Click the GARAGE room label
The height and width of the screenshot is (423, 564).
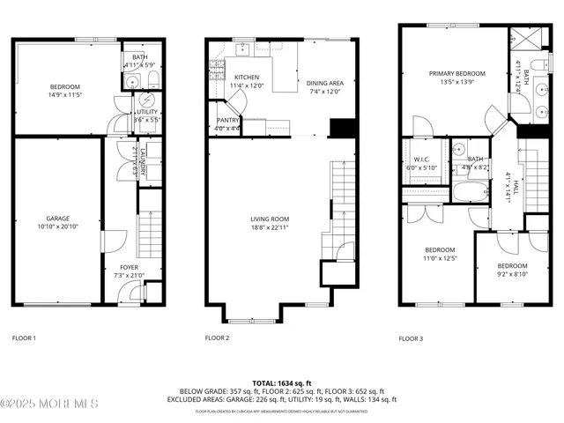(58, 218)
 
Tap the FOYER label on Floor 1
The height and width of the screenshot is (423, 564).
(129, 267)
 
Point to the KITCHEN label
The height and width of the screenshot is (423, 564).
(240, 78)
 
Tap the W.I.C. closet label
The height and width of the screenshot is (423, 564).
(420, 160)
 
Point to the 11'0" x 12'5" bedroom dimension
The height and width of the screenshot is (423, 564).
(440, 257)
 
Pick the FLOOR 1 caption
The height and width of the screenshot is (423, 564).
(24, 338)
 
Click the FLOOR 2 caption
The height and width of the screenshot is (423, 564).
(217, 338)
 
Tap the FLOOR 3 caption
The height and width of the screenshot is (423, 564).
(411, 338)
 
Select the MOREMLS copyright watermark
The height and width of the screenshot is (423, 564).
(49, 404)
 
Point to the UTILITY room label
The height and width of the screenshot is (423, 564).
(146, 112)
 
